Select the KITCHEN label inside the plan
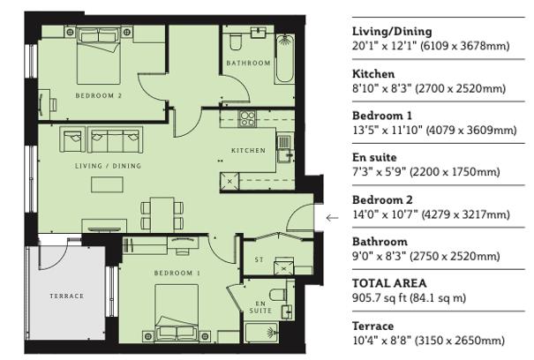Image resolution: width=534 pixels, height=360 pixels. [248, 151]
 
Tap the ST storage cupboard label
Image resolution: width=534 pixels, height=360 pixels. [259, 260]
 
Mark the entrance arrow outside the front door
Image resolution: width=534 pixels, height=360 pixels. [332, 217]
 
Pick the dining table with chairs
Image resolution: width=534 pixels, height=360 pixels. [162, 211]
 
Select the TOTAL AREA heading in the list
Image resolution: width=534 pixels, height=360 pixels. [389, 283]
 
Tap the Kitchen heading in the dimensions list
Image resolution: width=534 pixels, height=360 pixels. [373, 74]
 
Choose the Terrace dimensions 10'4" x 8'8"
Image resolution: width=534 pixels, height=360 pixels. [428, 341]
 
